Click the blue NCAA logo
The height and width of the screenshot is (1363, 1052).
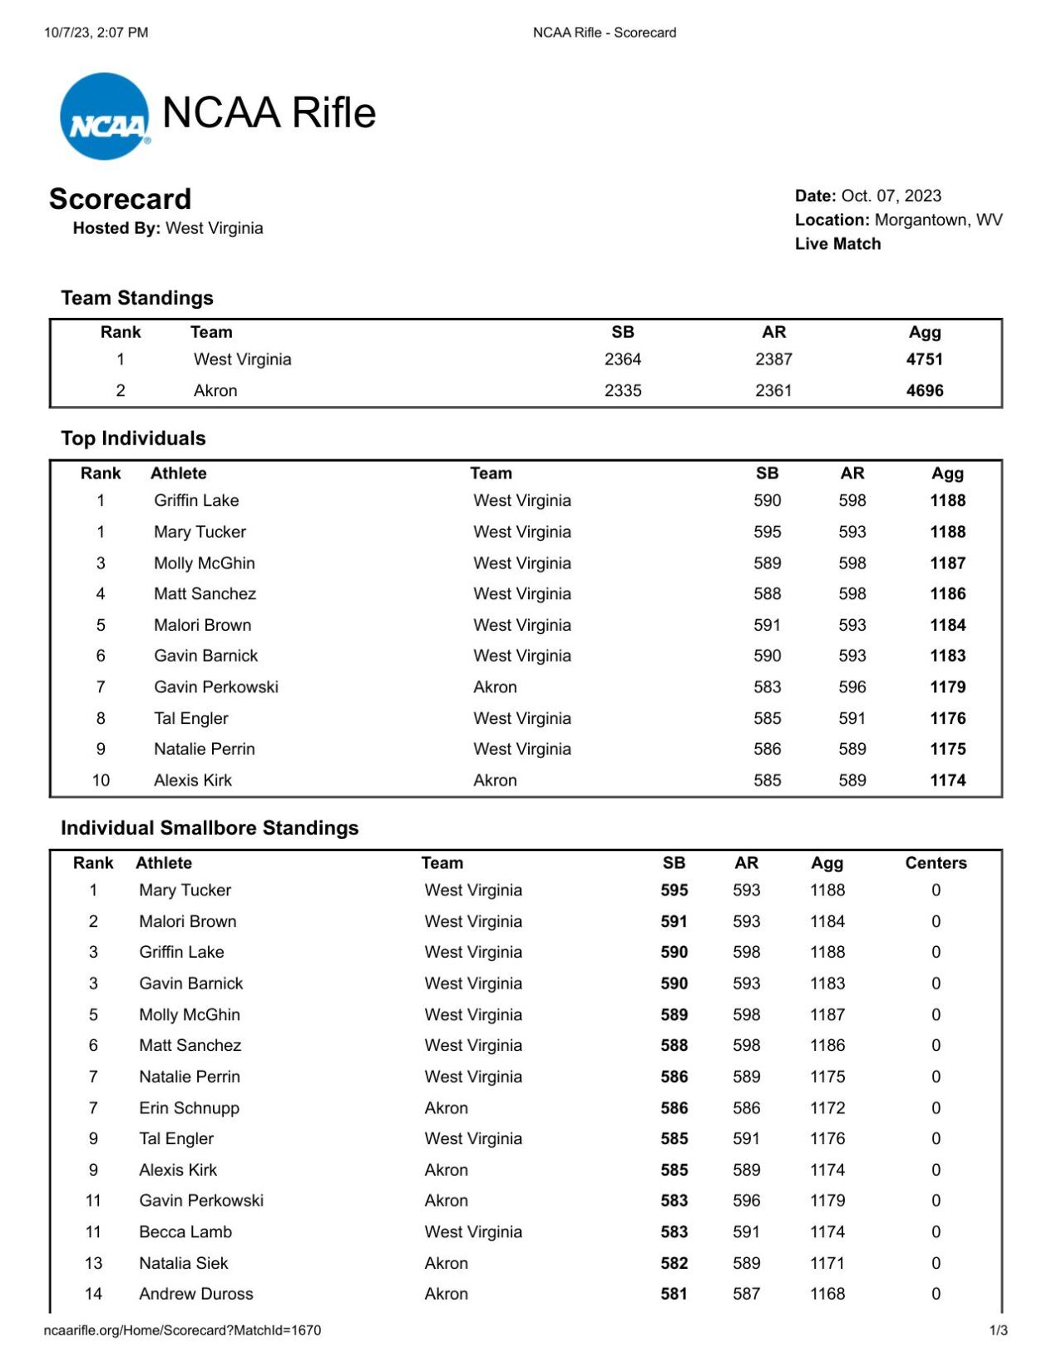pos(105,116)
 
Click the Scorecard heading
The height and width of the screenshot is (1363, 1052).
pos(120,199)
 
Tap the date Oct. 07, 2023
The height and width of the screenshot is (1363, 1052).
pos(891,196)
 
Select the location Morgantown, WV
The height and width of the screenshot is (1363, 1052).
pos(938,220)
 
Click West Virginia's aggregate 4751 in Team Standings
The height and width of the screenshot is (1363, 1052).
pos(924,359)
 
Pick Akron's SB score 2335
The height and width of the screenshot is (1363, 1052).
pos(622,390)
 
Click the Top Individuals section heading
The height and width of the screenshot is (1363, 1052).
pos(133,439)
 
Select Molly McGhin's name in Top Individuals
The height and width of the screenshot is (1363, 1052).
pos(204,563)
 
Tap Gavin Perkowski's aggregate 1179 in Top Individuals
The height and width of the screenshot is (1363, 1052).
pos(947,687)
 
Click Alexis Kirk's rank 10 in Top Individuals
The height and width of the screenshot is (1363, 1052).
pos(101,781)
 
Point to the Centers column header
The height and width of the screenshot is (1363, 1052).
pos(936,863)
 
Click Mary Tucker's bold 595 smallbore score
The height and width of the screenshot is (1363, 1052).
pos(674,890)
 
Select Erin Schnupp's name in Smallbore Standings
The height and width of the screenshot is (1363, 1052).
pos(189,1108)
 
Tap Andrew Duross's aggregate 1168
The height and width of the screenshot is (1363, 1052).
pos(827,1294)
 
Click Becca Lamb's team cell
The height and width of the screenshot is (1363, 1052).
pos(472,1232)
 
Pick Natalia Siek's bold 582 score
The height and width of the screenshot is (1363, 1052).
pos(674,1263)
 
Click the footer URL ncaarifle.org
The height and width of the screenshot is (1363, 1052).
pos(182,1330)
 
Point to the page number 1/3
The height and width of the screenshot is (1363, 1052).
pos(998,1330)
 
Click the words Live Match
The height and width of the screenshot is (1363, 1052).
pos(837,244)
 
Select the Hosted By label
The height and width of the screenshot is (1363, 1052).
pos(116,228)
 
